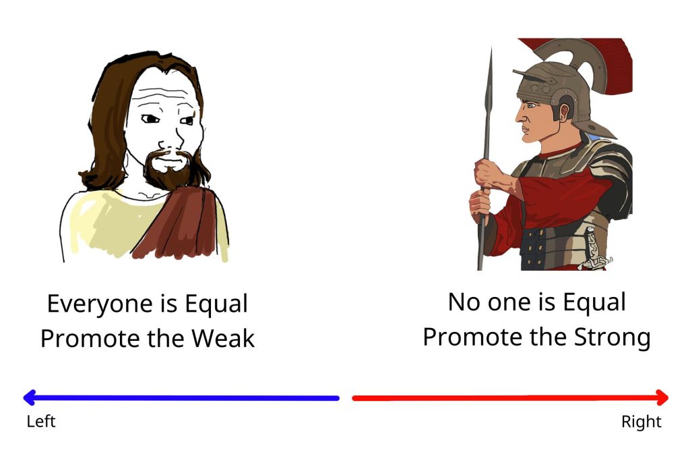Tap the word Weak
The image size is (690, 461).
[x=222, y=338]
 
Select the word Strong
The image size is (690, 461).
[x=612, y=337]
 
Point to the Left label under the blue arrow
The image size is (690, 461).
[x=41, y=421]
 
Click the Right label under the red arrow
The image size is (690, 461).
[x=641, y=422]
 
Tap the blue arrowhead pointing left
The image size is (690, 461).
[x=29, y=398]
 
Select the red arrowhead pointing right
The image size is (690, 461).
[x=662, y=398]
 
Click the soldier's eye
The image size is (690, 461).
[x=531, y=105]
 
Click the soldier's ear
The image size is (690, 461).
[x=564, y=113]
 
